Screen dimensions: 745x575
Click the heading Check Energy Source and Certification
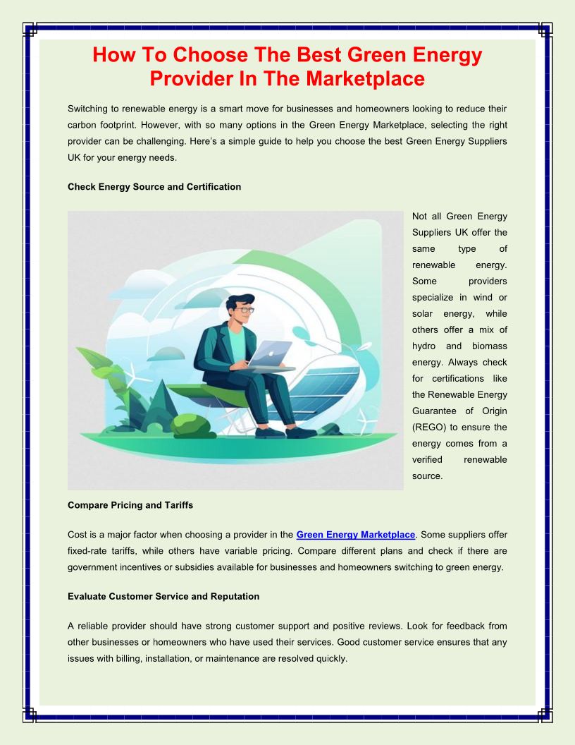coord(154,187)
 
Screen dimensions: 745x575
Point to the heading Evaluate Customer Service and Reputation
coord(163,596)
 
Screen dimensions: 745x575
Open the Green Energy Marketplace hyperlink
coord(356,535)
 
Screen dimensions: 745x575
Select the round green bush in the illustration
coord(190,425)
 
